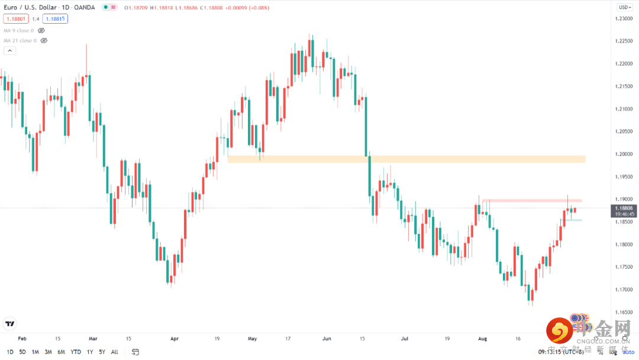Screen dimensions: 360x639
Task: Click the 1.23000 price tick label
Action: pyautogui.click(x=624, y=18)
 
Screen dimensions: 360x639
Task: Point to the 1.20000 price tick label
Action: pyautogui.click(x=624, y=154)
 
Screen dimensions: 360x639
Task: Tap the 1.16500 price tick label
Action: pyautogui.click(x=624, y=311)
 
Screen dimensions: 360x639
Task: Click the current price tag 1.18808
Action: pyautogui.click(x=624, y=208)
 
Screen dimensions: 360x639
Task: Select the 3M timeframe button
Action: pyautogui.click(x=48, y=352)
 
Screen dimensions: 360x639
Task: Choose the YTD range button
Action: pyautogui.click(x=76, y=352)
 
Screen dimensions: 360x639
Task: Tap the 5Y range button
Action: pyautogui.click(x=102, y=352)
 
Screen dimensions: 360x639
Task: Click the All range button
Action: pyautogui.click(x=115, y=352)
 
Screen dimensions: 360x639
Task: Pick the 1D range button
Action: pyautogui.click(x=10, y=352)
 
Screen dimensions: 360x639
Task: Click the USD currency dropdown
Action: pyautogui.click(x=624, y=7)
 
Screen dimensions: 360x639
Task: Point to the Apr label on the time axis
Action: pyautogui.click(x=174, y=339)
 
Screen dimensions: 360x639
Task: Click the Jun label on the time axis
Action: pyautogui.click(x=327, y=339)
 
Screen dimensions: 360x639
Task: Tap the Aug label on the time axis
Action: pyautogui.click(x=482, y=339)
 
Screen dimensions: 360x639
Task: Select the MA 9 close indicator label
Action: pyautogui.click(x=19, y=30)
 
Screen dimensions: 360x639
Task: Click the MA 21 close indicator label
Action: pyautogui.click(x=20, y=41)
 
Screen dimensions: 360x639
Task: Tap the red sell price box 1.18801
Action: pyautogui.click(x=15, y=18)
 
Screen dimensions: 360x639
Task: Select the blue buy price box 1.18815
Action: pyautogui.click(x=55, y=18)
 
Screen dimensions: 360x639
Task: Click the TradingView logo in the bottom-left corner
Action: pyautogui.click(x=9, y=323)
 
